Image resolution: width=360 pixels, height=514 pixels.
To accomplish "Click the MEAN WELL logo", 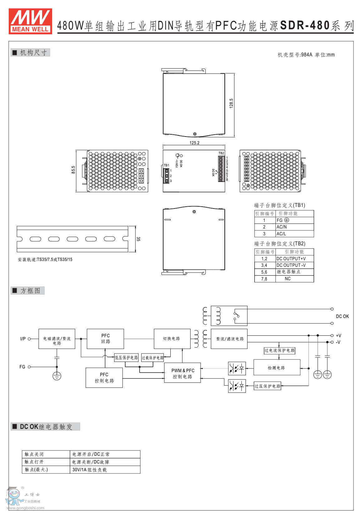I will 30,21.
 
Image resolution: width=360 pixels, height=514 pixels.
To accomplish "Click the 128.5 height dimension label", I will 231,103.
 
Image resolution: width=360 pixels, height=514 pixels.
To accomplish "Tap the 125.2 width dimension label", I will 194,143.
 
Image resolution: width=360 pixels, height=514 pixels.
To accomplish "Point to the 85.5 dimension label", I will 73,170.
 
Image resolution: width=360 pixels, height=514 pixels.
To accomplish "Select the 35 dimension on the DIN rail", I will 138,239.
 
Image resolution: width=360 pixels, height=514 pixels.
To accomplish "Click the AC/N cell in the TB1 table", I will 281,227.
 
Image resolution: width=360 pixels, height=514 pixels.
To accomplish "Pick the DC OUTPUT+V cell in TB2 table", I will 291,259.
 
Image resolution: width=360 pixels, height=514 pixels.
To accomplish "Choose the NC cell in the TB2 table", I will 288,279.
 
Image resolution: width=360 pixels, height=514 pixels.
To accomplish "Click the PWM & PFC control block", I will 182,373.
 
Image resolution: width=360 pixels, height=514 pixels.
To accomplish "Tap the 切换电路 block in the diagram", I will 172,339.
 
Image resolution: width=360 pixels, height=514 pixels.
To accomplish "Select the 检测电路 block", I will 277,367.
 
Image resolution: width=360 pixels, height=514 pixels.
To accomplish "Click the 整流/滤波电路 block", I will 229,339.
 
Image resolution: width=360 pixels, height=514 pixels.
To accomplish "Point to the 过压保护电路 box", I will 267,386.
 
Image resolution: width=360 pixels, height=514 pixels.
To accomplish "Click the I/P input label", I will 23,339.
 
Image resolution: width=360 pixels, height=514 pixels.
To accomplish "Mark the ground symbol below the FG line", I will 57,376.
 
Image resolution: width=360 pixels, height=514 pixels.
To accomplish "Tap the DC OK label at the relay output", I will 342,316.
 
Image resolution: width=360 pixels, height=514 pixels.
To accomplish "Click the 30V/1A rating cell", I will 89,470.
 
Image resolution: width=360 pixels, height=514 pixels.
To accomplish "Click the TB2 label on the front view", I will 221,153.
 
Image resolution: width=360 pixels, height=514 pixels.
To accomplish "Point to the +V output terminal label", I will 338,336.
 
